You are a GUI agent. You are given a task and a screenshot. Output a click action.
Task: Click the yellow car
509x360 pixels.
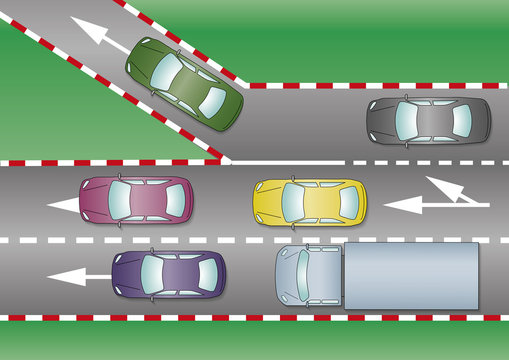point(309,200)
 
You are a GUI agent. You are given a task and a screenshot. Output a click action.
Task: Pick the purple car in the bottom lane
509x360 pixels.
point(169,273)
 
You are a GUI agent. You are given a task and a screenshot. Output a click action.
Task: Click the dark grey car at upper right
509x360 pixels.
point(428,121)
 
